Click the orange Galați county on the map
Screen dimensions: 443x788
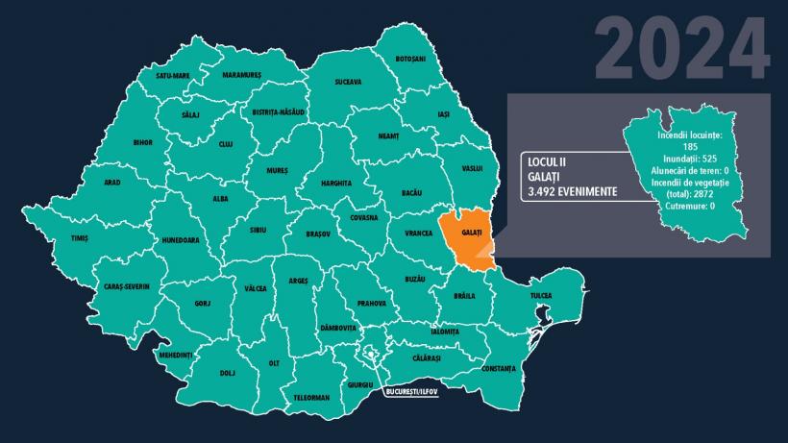465,235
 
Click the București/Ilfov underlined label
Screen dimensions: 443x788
410,393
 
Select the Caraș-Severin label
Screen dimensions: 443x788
127,286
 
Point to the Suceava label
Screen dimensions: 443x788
348,82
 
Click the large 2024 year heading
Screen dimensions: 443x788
681,48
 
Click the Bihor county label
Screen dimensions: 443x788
143,143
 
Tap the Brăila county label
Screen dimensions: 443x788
464,296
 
